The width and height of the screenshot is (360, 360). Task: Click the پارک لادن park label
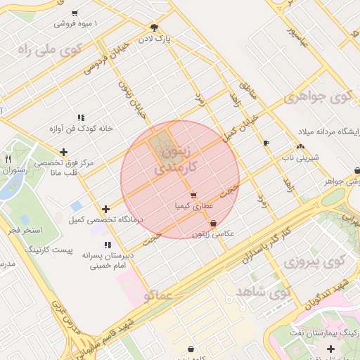[154, 38]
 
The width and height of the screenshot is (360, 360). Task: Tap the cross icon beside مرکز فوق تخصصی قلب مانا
[64, 151]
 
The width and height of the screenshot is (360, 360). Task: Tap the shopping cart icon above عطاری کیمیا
[193, 195]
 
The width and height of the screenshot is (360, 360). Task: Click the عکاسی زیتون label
[212, 233]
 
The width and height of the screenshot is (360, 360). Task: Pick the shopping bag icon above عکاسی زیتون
[213, 223]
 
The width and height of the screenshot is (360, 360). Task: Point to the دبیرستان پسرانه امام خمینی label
[106, 257]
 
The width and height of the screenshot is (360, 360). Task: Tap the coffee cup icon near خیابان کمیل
[265, 143]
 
